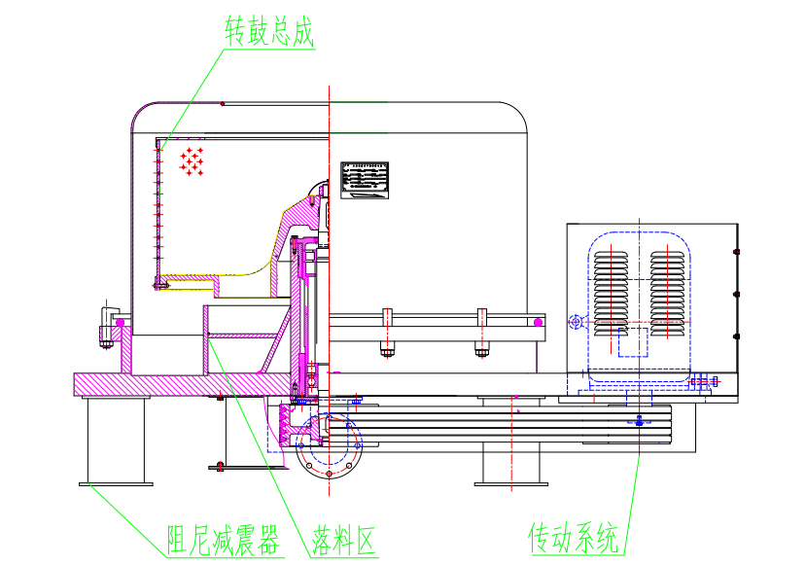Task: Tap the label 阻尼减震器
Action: (x=223, y=538)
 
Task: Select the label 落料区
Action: (x=343, y=538)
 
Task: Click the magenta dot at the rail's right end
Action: (x=537, y=321)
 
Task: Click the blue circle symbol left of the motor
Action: (x=575, y=322)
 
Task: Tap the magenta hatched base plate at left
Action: (x=165, y=384)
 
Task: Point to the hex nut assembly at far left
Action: (x=106, y=325)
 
